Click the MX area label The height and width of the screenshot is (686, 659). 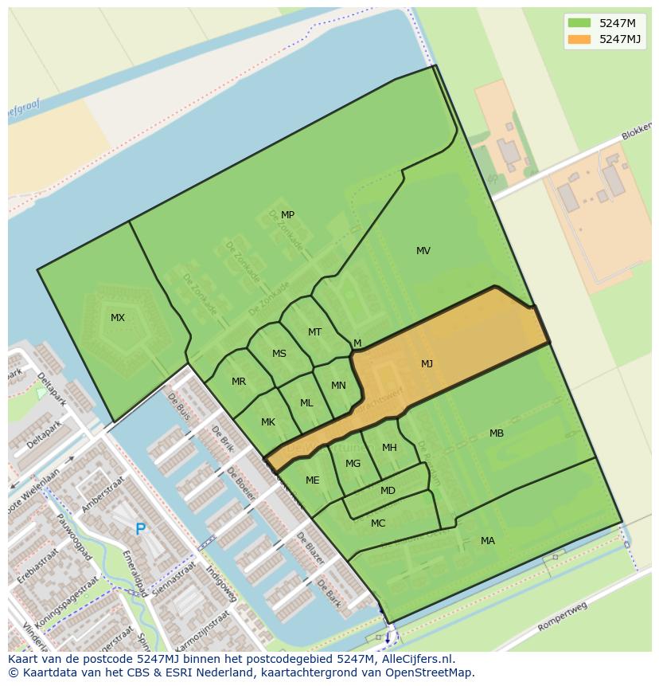[118, 318]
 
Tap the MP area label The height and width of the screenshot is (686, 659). [287, 215]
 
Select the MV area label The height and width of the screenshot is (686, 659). [423, 251]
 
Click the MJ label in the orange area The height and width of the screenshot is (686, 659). [427, 364]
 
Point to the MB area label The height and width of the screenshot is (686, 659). [497, 433]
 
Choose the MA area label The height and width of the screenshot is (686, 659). [488, 541]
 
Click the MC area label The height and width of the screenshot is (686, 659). [378, 523]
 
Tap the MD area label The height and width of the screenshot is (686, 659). [388, 491]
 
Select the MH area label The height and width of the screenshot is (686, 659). [389, 448]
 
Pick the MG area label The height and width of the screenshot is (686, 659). [353, 464]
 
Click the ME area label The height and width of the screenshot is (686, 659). [313, 480]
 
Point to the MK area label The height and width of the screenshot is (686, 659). [268, 422]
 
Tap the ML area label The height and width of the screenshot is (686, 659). [306, 403]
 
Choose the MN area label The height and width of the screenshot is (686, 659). [338, 386]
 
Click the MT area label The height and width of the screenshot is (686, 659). [314, 332]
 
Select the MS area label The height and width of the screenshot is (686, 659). [279, 354]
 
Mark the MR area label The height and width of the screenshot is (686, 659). [239, 382]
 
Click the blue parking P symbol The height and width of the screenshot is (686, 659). [140, 529]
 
